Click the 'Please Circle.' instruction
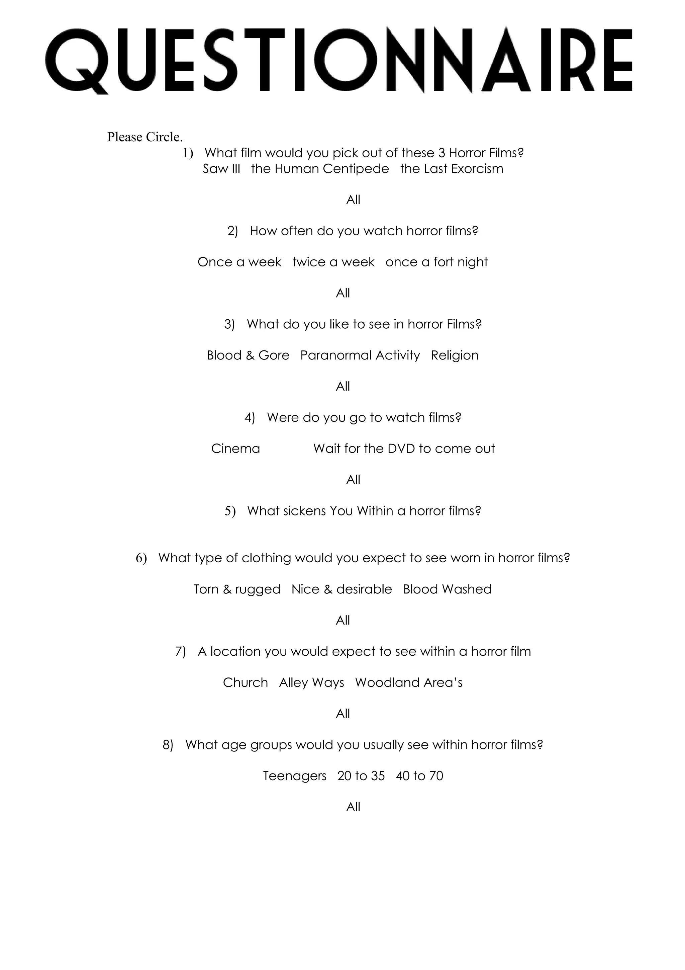(144, 137)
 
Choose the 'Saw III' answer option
(221, 169)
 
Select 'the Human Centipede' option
(320, 169)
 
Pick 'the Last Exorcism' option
(452, 169)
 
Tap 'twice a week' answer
(333, 262)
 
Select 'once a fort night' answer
(436, 262)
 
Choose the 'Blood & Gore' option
(248, 355)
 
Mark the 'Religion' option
(455, 355)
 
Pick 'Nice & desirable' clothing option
(341, 589)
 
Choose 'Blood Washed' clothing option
(448, 589)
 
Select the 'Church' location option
(245, 683)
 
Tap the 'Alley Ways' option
(311, 683)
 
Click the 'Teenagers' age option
(295, 776)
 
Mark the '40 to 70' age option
(419, 776)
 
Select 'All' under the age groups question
(353, 807)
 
